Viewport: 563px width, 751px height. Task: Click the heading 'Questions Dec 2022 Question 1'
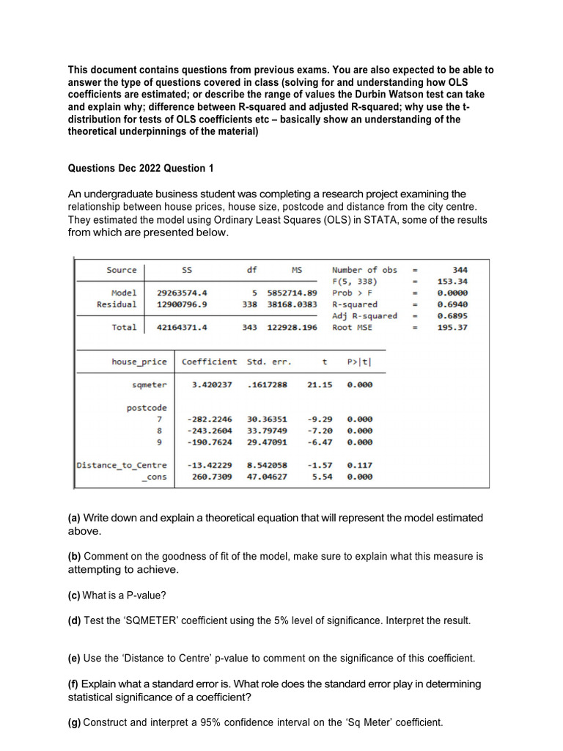[x=141, y=168]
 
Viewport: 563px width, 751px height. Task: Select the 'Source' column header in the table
[x=122, y=270]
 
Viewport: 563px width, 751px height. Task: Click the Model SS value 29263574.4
[x=183, y=293]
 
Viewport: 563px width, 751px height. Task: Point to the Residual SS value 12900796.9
[x=183, y=304]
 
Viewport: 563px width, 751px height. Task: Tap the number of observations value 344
[x=460, y=270]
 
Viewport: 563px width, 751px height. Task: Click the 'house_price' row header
[x=139, y=362]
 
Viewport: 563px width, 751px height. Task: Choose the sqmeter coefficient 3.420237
[x=212, y=384]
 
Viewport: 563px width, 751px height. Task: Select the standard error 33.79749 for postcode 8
[x=268, y=431]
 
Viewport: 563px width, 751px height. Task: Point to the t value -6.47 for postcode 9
[x=320, y=442]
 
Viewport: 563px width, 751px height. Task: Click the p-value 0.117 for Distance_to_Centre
[x=359, y=465]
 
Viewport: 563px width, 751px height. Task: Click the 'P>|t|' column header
[x=364, y=362]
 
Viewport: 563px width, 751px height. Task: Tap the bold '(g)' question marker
[x=74, y=722]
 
